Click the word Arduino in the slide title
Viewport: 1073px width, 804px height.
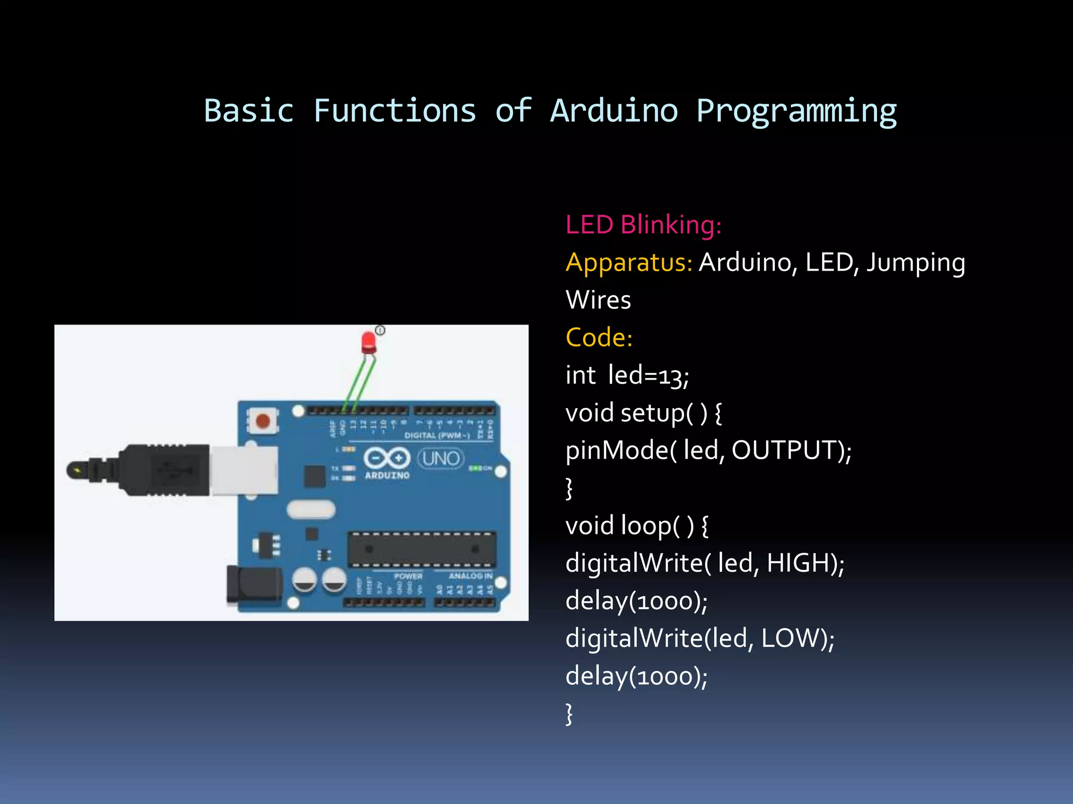coord(614,111)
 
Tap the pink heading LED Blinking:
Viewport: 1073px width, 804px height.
coord(643,225)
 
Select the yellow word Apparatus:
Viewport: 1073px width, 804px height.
coord(629,262)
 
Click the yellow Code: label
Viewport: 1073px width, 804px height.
coord(599,338)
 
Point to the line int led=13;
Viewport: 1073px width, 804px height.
coord(627,375)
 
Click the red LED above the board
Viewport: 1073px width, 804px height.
coord(369,342)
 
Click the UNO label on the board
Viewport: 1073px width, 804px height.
coord(441,459)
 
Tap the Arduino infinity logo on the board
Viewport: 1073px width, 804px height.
coord(387,458)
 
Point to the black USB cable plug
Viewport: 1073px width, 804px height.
coord(157,470)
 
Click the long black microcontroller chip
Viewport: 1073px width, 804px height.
coord(422,550)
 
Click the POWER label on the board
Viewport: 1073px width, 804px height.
coord(408,576)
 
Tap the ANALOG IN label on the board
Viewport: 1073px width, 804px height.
coord(470,576)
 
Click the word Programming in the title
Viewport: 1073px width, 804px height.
coord(796,112)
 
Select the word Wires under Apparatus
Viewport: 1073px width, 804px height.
coord(598,300)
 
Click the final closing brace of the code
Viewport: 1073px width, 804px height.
coord(569,713)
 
